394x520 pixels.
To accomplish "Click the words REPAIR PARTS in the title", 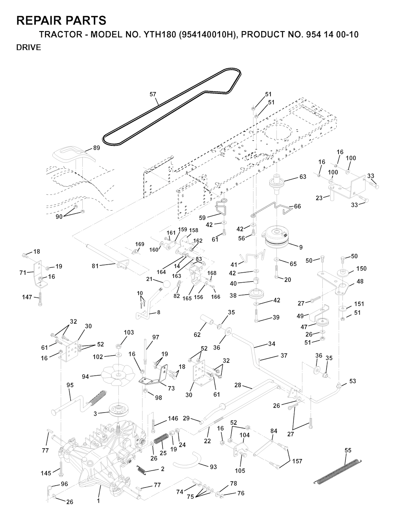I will pos(61,20).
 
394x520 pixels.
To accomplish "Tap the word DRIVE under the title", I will pos(28,48).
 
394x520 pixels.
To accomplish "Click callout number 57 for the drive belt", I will pos(153,94).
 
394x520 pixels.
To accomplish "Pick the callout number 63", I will pos(303,177).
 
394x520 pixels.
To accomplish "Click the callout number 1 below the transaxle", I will pos(98,501).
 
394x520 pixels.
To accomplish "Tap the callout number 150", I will pos(361,269).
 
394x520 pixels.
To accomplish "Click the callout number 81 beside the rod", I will pos(95,266).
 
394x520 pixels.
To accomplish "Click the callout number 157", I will pos(297,461).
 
